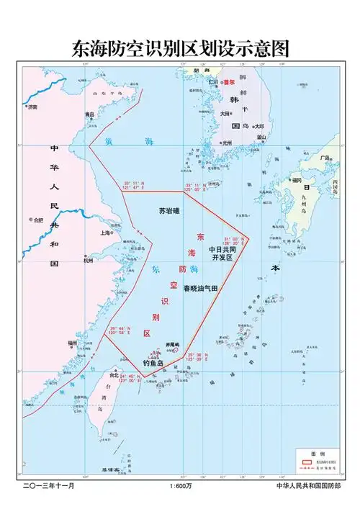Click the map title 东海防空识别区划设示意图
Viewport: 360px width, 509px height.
tap(180, 48)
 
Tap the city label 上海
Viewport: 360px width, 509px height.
tap(105, 233)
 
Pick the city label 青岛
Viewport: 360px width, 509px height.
tap(90, 114)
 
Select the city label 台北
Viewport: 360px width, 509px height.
tap(113, 375)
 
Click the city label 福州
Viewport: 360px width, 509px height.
tap(72, 344)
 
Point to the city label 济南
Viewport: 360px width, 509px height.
tap(32, 107)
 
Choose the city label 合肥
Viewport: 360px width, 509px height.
tap(37, 220)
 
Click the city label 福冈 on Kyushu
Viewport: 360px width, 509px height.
tap(297, 180)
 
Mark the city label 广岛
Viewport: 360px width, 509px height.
tap(325, 158)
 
